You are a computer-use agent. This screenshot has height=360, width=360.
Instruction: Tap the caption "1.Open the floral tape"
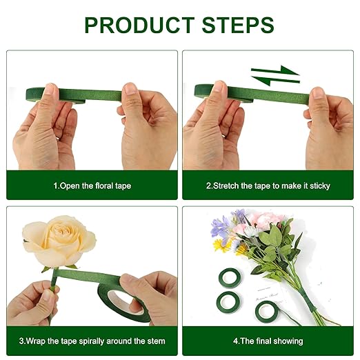pyautogui.click(x=92, y=186)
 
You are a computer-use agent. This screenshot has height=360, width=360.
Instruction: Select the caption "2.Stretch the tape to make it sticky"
pyautogui.click(x=268, y=186)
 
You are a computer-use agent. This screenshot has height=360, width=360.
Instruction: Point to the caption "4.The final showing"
pyautogui.click(x=268, y=341)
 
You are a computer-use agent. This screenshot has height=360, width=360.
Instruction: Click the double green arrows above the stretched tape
pyautogui.click(x=274, y=74)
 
